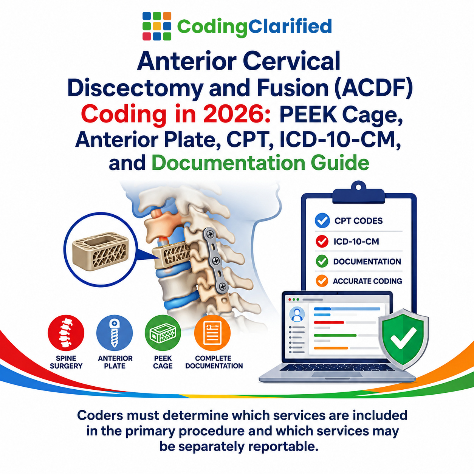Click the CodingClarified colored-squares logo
click(157, 26)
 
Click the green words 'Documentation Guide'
click(260, 163)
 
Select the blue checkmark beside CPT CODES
click(322, 220)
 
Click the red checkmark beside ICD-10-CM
click(322, 241)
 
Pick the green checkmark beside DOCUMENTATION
click(322, 261)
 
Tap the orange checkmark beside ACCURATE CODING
click(322, 281)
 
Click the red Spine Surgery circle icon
click(66, 333)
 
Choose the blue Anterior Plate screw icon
click(115, 333)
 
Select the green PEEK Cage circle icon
click(163, 333)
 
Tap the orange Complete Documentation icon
click(212, 333)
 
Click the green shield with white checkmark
click(403, 339)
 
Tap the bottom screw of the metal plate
click(222, 286)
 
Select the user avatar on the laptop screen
click(297, 314)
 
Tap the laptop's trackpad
click(337, 374)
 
